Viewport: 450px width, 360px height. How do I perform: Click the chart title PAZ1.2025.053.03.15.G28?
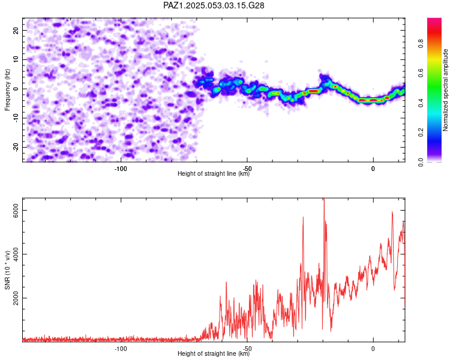click(x=214, y=5)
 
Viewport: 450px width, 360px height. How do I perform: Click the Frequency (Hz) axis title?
click(x=7, y=90)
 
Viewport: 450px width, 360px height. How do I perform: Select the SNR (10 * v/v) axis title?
click(x=7, y=270)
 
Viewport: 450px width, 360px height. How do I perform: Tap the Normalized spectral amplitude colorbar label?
click(x=445, y=90)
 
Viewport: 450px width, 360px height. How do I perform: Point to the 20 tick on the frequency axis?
click(x=16, y=30)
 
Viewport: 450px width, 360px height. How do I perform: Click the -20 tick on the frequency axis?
click(x=16, y=148)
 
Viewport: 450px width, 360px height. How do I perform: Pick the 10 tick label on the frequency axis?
click(x=16, y=59)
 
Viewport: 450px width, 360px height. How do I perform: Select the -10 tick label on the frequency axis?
click(x=16, y=118)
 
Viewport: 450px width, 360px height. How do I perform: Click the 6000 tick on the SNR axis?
click(x=16, y=211)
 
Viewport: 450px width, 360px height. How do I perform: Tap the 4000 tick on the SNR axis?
click(x=16, y=254)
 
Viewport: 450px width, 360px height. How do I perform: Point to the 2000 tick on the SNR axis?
click(x=16, y=298)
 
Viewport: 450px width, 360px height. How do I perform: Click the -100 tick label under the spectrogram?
click(x=121, y=169)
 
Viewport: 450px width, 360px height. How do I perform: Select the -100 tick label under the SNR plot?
click(x=121, y=349)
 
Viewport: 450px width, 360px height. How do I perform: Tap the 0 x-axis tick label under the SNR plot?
click(x=373, y=349)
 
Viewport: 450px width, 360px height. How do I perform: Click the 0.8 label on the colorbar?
click(x=421, y=44)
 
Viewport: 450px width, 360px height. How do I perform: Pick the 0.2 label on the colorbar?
click(x=421, y=133)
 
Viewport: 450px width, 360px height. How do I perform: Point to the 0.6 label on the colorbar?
click(x=421, y=73)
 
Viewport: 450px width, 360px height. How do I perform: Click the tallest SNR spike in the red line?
click(x=324, y=200)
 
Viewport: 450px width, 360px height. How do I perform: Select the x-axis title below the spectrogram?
click(x=214, y=173)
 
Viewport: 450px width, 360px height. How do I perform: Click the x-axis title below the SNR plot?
click(x=214, y=353)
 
